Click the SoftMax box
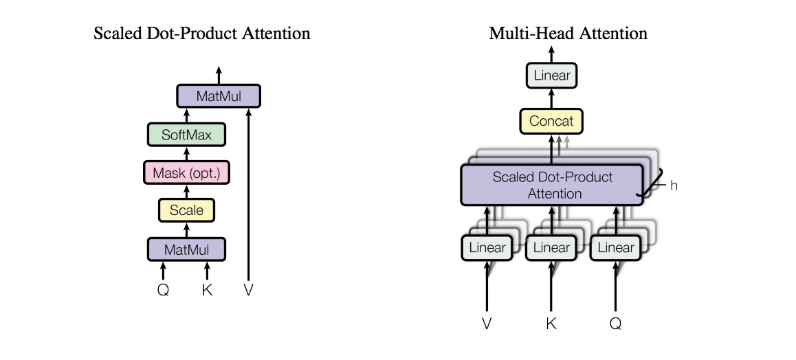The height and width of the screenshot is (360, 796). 186,135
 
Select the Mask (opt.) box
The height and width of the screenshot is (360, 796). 186,173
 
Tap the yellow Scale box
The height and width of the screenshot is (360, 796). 186,210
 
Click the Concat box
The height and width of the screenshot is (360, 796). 551,121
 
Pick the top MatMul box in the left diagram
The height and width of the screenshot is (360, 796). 219,95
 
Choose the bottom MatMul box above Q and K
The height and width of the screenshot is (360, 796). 186,249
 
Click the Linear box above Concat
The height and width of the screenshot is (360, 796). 552,76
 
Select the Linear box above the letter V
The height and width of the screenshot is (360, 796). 487,248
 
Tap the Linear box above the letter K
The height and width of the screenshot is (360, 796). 551,248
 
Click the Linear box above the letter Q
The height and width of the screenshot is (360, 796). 616,248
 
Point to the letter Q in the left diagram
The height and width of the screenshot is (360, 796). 163,290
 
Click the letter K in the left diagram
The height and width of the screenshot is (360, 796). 207,290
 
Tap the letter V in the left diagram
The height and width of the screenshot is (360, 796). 248,290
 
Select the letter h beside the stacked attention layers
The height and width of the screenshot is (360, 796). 674,185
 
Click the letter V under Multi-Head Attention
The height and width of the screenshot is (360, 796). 487,324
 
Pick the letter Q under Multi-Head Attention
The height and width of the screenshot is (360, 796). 615,324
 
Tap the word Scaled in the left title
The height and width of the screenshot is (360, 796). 118,34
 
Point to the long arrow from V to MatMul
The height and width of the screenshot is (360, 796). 248,194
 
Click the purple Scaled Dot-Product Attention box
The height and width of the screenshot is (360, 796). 552,185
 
